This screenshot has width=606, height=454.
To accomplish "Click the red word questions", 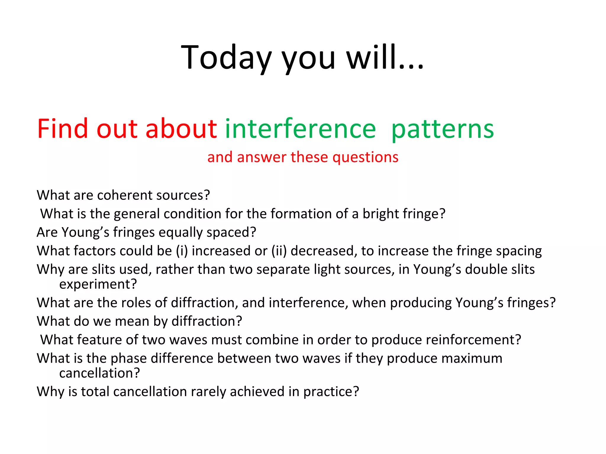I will [x=365, y=157].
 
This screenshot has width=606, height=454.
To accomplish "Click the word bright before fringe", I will [x=381, y=214].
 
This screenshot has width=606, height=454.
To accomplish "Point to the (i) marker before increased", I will [x=182, y=251].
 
